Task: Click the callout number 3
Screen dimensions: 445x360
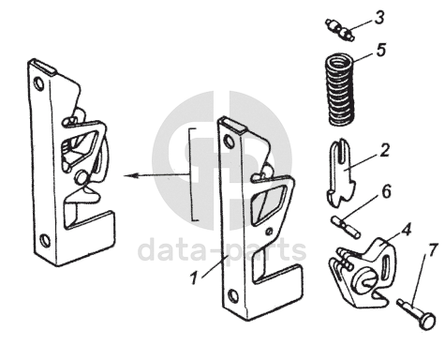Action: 379,18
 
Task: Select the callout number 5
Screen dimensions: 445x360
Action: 381,51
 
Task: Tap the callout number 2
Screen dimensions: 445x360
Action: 385,150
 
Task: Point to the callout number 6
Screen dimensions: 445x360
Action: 387,191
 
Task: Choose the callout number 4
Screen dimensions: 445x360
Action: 406,230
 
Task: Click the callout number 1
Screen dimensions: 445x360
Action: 194,277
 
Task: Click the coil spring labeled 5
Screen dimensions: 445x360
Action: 340,90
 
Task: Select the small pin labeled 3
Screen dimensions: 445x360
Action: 340,30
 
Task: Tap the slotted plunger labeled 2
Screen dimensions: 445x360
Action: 341,173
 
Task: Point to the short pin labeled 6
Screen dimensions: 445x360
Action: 346,228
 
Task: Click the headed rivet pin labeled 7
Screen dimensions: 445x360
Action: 416,314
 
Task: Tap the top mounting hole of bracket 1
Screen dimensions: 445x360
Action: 230,141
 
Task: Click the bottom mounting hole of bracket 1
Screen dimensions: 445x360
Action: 232,295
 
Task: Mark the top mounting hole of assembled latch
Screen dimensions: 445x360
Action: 39,83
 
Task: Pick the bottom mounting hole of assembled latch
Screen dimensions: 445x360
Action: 45,240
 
